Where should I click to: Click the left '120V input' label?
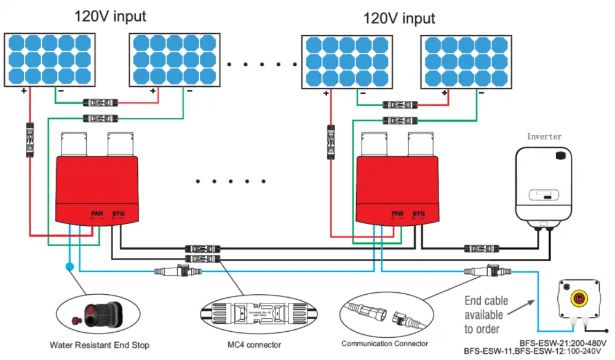coord(110,16)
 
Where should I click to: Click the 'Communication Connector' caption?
coord(384,343)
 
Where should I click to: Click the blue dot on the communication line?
coord(69,267)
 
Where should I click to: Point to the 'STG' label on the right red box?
coord(418,214)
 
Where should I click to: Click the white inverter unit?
coord(546,185)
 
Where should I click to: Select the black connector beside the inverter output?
coord(480,249)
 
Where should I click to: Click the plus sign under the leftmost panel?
coord(25,90)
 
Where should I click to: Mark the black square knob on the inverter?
coord(561,156)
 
